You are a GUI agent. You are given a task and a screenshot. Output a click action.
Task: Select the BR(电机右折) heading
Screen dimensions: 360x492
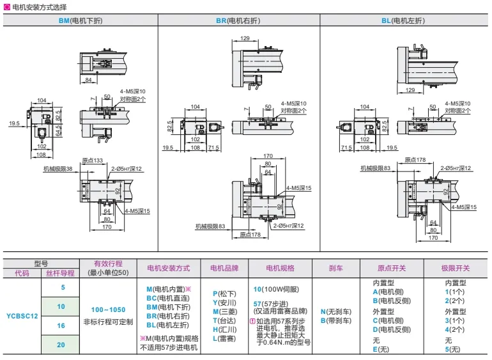(x=238, y=20)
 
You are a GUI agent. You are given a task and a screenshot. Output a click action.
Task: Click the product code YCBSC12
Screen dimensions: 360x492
(x=22, y=315)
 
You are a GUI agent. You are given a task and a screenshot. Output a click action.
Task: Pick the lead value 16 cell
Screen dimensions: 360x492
(x=62, y=325)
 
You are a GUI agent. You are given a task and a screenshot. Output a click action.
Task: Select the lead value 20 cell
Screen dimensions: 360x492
(x=62, y=345)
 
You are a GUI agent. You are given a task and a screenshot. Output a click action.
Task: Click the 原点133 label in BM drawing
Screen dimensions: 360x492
(x=93, y=161)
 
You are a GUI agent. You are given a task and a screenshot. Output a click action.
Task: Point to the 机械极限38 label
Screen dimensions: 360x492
(x=58, y=169)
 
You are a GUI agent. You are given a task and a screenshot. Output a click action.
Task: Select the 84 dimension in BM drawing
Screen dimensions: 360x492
(x=88, y=79)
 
